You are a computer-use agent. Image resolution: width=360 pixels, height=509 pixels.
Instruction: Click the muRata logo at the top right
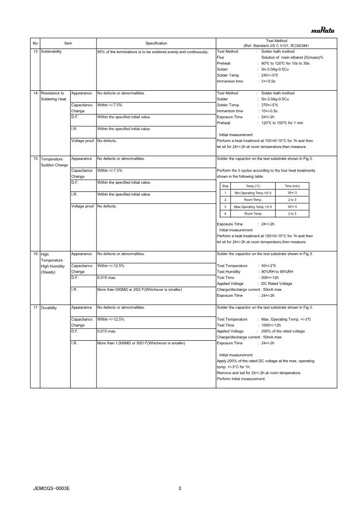click(x=322, y=31)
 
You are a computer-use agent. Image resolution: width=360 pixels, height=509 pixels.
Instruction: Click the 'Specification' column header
click(x=156, y=43)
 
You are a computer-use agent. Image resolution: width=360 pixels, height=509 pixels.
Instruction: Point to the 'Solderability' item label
click(x=51, y=52)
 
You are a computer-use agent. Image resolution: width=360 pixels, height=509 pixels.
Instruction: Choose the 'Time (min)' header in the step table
click(x=292, y=186)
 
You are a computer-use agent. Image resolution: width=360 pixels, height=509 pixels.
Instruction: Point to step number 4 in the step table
click(x=225, y=214)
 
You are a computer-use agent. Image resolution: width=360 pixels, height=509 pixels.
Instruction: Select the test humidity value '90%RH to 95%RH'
click(x=277, y=272)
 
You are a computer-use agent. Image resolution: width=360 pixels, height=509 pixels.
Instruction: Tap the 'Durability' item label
click(x=49, y=308)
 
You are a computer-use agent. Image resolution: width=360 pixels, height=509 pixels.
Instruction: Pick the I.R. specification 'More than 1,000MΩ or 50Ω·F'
click(x=141, y=343)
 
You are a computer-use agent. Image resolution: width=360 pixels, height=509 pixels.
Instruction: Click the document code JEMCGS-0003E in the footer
click(x=52, y=489)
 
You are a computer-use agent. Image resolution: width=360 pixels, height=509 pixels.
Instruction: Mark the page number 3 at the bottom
click(x=180, y=489)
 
